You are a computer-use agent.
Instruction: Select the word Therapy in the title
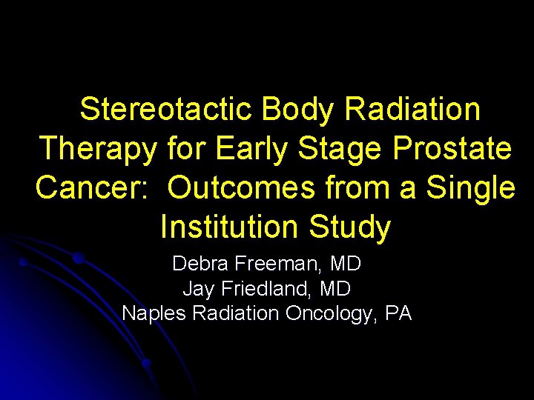(99, 149)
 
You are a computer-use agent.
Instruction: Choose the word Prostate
(452, 149)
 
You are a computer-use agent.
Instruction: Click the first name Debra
(199, 263)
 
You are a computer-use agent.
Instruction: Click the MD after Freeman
(346, 263)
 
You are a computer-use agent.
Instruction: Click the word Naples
(154, 313)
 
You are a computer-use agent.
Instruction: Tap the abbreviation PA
(399, 313)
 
